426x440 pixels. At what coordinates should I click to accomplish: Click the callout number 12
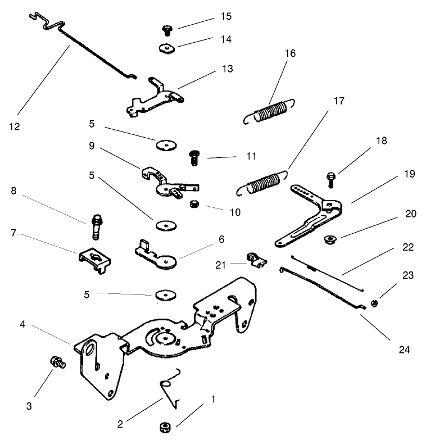(15, 126)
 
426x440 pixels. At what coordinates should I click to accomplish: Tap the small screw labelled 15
(166, 29)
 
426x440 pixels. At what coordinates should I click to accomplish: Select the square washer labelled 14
(165, 49)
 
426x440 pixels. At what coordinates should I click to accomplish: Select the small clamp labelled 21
(255, 260)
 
